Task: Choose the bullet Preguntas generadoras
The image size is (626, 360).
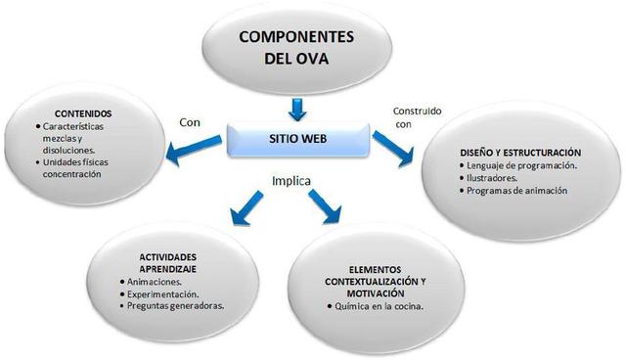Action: [177, 306]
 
